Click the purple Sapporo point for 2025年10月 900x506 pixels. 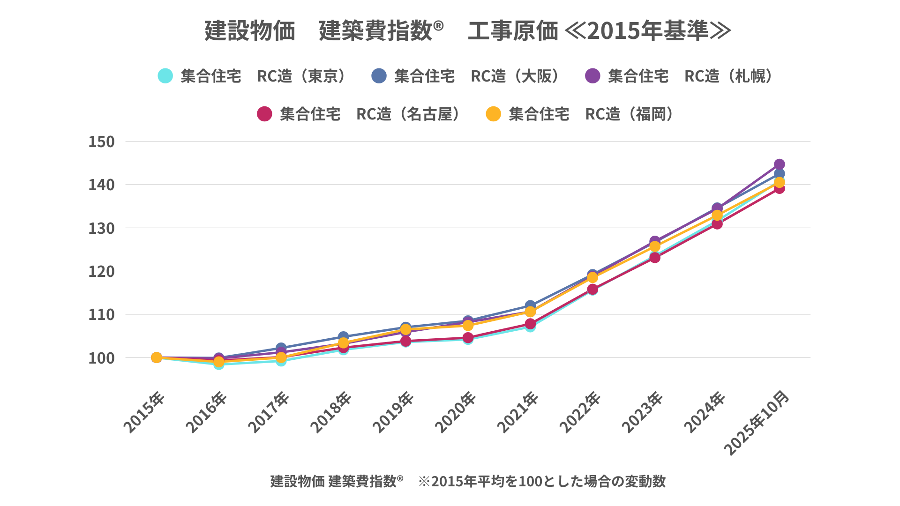click(779, 164)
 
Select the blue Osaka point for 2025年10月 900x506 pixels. click(779, 174)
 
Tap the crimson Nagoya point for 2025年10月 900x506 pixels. click(779, 188)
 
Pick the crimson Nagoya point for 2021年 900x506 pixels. click(530, 324)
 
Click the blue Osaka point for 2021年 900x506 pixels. click(530, 305)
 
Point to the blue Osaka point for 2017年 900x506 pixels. click(281, 348)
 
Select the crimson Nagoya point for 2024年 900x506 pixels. click(717, 224)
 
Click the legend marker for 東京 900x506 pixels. click(165, 76)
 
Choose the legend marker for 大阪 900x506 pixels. click(379, 76)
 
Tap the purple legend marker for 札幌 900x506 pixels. click(592, 76)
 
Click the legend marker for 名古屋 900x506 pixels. click(264, 114)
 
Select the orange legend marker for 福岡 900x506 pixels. click(493, 114)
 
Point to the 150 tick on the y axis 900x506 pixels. click(101, 141)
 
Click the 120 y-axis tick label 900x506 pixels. click(101, 271)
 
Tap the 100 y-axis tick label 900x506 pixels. click(101, 358)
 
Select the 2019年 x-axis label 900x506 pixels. click(394, 412)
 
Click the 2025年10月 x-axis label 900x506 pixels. click(757, 423)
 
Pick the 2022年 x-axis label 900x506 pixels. click(580, 412)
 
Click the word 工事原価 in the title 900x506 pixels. click(513, 31)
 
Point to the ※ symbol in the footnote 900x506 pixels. click(424, 481)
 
